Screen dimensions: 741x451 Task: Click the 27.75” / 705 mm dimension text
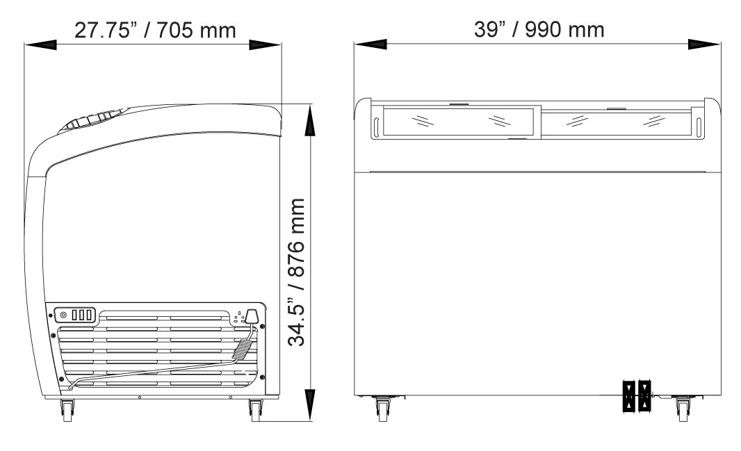pos(155,30)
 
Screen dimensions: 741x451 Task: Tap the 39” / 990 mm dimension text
pos(539,29)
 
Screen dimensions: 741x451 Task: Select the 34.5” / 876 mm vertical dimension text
pos(297,272)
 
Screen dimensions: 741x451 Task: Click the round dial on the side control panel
pos(63,315)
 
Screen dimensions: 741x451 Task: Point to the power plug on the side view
pos(252,315)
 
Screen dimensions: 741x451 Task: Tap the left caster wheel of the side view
pos(67,411)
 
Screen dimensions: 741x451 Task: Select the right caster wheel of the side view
pos(256,411)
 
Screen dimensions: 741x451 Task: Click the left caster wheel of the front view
pos(382,409)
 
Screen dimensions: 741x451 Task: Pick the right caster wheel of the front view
pos(682,409)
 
